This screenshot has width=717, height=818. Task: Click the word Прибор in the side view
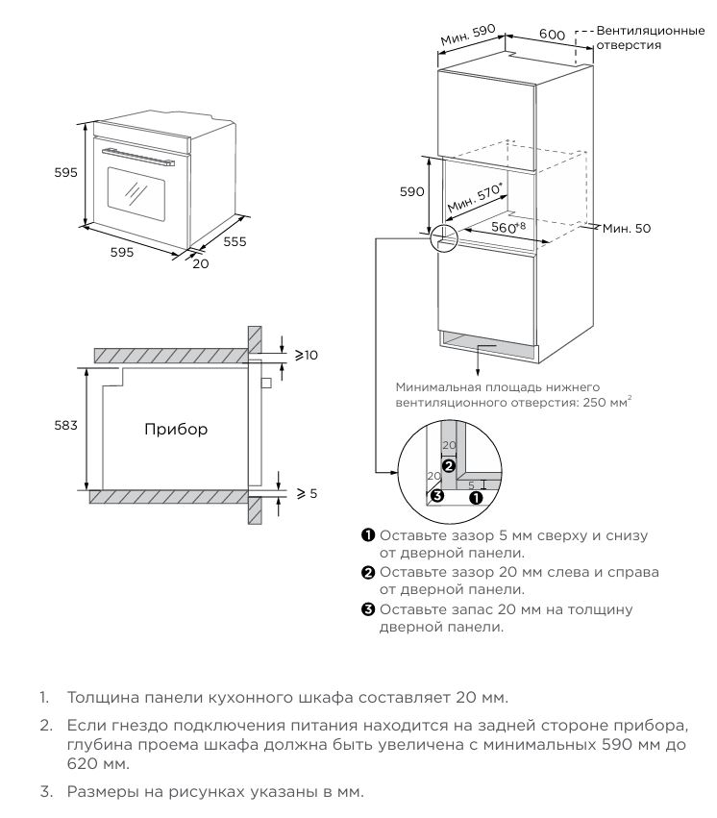click(176, 429)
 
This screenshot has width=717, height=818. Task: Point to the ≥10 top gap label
click(306, 355)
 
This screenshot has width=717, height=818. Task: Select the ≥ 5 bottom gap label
click(306, 493)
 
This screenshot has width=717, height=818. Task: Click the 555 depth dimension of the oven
click(235, 241)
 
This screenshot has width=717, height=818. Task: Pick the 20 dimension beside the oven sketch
click(200, 263)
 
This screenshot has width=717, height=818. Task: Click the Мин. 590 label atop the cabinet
click(467, 36)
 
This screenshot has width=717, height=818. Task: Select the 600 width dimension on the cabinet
click(551, 35)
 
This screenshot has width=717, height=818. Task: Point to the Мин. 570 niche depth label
click(475, 201)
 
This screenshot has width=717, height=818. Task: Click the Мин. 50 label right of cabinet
click(628, 228)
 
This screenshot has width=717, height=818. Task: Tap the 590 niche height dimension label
click(411, 191)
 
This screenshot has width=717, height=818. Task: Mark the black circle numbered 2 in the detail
click(447, 462)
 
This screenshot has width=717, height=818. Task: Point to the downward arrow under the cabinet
click(479, 359)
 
